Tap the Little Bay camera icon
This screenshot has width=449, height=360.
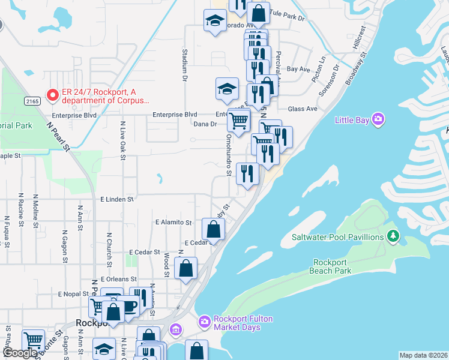[x=378, y=119]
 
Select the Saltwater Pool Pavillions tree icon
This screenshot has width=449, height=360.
[x=393, y=236]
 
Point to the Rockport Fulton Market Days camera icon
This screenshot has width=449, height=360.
[x=205, y=322]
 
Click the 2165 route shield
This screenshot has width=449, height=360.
[x=33, y=101]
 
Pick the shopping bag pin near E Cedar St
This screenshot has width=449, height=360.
[x=214, y=229]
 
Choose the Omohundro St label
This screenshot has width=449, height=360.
[x=229, y=155]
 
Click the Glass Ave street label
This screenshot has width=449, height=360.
[x=303, y=109]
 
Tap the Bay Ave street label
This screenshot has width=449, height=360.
[x=298, y=69]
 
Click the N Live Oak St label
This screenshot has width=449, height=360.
[x=122, y=140]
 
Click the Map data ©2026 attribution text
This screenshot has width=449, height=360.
[x=423, y=355]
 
